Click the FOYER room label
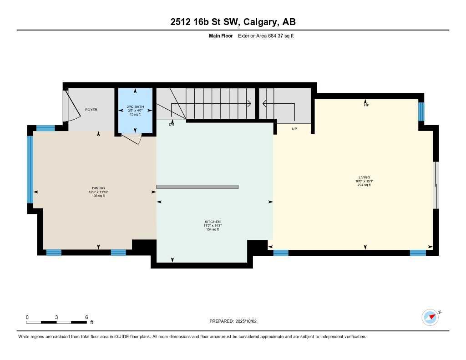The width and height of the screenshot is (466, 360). click(x=91, y=110)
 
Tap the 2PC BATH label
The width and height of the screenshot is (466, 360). click(x=134, y=107)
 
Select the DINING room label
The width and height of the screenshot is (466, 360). click(x=98, y=188)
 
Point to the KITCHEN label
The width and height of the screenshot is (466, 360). click(x=213, y=222)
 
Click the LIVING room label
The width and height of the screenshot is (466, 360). click(x=364, y=177)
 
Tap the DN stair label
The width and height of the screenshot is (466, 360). click(x=172, y=124)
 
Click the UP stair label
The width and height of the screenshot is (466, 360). click(x=294, y=129)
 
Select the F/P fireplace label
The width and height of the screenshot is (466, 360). click(x=366, y=105)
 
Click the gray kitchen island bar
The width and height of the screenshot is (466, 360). click(x=197, y=187)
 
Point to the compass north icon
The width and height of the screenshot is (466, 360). click(x=430, y=317)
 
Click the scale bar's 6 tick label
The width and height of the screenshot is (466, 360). click(x=86, y=317)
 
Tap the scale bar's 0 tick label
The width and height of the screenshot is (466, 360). click(x=27, y=317)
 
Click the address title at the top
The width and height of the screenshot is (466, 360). click(x=233, y=22)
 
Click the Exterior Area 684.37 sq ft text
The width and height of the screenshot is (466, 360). click(x=266, y=36)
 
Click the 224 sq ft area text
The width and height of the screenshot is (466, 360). click(x=364, y=185)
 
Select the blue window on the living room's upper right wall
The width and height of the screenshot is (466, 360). click(x=421, y=112)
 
